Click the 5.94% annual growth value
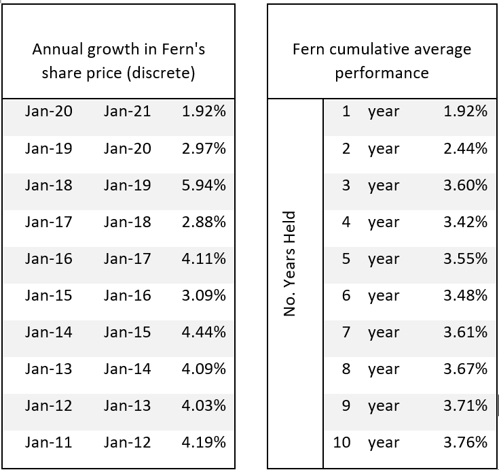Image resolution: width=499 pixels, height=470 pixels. [204, 185]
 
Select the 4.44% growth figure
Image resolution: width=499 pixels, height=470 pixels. [204, 332]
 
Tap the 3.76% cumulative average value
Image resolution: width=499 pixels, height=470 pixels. [465, 442]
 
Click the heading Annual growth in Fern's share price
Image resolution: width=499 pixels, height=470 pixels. [119, 61]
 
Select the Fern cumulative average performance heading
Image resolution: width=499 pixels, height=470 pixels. [382, 61]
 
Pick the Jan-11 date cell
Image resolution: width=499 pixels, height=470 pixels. [49, 442]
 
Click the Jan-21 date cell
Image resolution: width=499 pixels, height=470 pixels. [127, 112]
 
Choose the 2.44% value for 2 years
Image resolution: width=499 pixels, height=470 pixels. [465, 148]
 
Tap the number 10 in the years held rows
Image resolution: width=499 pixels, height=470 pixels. [342, 442]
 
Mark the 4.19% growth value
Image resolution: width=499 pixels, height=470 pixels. [204, 442]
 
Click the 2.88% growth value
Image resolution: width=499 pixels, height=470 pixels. [204, 222]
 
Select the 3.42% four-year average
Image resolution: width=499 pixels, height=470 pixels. [465, 222]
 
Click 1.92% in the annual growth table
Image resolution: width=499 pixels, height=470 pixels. [204, 112]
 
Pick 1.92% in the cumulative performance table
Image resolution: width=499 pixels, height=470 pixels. [465, 112]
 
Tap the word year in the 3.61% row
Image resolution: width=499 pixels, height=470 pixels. [384, 333]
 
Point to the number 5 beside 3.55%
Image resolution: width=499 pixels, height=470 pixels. [346, 258]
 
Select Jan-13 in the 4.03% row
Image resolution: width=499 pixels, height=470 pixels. [127, 405]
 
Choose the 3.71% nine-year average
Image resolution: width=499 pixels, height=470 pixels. [465, 405]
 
